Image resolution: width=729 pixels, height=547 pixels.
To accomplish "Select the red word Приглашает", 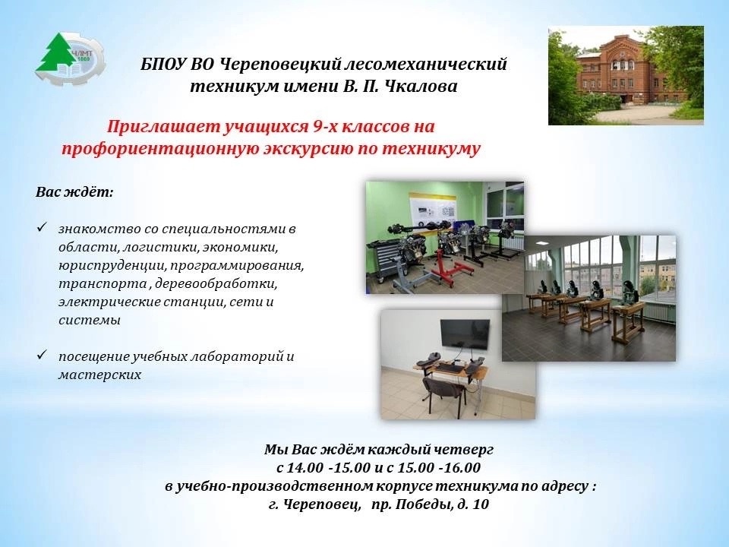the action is (x=163, y=127).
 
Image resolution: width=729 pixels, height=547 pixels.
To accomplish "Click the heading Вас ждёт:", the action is (x=74, y=192).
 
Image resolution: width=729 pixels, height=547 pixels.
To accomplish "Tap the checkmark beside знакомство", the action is (x=41, y=227).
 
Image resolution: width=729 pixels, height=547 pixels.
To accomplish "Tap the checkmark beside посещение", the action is (x=41, y=356).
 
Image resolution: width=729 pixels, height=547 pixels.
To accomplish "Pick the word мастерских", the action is (x=99, y=375).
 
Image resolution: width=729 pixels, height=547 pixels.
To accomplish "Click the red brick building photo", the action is (x=626, y=76).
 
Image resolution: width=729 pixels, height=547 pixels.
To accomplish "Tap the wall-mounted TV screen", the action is (x=465, y=334).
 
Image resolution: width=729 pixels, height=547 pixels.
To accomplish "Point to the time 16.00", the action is (x=462, y=467).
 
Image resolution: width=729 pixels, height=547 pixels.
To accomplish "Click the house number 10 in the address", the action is (x=481, y=504).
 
